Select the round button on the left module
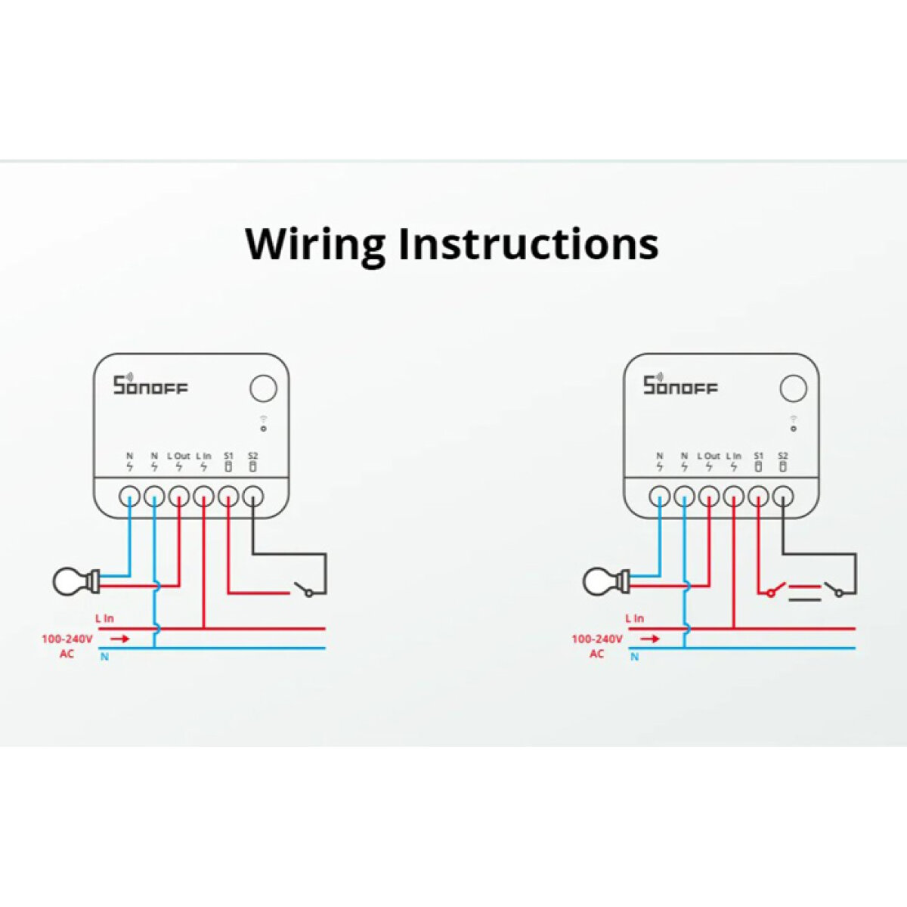pyautogui.click(x=263, y=389)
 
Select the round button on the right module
pyautogui.click(x=793, y=389)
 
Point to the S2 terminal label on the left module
pyautogui.click(x=252, y=457)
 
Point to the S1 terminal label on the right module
pyautogui.click(x=758, y=457)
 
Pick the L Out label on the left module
pyautogui.click(x=178, y=457)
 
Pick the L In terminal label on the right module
pyautogui.click(x=733, y=457)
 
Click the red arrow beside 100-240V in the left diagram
pyautogui.click(x=120, y=639)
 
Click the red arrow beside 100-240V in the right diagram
pyautogui.click(x=650, y=639)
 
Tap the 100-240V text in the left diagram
pyautogui.click(x=67, y=639)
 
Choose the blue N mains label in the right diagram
pyautogui.click(x=634, y=657)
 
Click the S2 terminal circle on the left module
pyautogui.click(x=252, y=497)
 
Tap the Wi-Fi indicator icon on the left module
pyautogui.click(x=263, y=418)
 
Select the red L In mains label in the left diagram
pyautogui.click(x=105, y=618)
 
